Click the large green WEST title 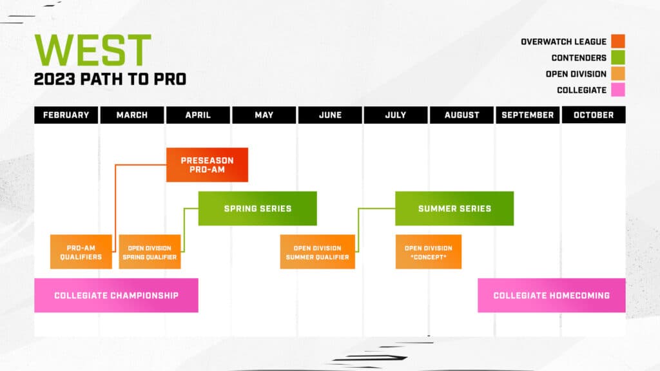click(x=93, y=50)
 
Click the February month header click(x=66, y=115)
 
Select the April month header click(x=198, y=115)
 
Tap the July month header click(x=395, y=115)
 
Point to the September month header click(x=527, y=115)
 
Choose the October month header click(x=593, y=115)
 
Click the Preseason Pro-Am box click(x=207, y=165)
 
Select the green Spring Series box click(x=257, y=208)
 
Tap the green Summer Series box click(x=454, y=208)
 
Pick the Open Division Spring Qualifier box click(x=149, y=252)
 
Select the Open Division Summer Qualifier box click(x=317, y=252)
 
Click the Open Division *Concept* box click(x=428, y=252)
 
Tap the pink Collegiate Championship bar click(x=116, y=295)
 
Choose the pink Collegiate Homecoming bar click(x=551, y=295)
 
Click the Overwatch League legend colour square click(x=618, y=42)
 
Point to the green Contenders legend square click(x=618, y=58)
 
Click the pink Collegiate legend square click(x=618, y=90)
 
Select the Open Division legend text click(x=576, y=74)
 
